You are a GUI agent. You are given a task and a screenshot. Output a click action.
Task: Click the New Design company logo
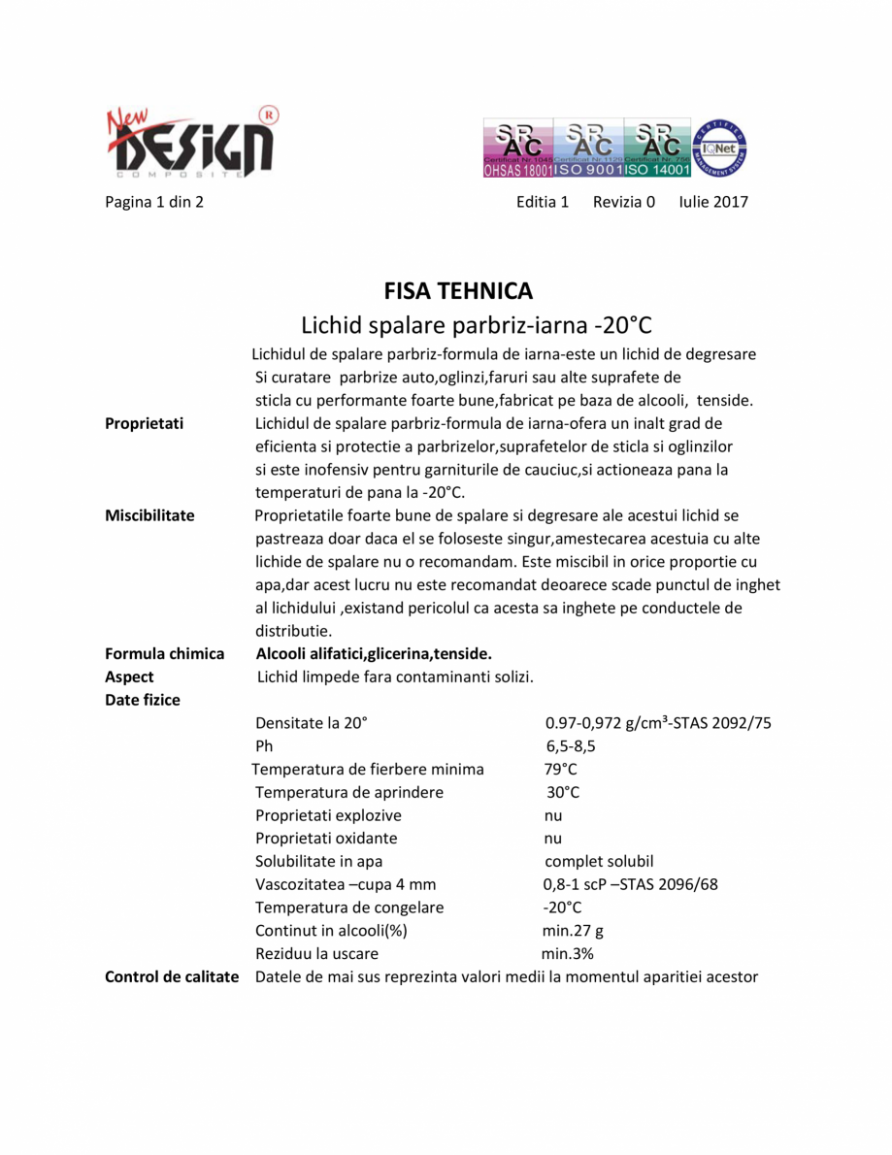coord(189,142)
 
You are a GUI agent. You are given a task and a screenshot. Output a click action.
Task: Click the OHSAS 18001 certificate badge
coord(517,148)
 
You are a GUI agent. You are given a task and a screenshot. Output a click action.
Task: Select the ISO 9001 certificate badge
coord(587,148)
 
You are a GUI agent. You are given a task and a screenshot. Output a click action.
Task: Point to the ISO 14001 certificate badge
coord(657,148)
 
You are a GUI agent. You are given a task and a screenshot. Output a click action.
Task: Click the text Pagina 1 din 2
coord(153,203)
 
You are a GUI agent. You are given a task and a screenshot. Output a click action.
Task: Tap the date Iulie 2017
coord(713,203)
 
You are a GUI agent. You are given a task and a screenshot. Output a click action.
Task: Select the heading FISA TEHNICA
coord(458,291)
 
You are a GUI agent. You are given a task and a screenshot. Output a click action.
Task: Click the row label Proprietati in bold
coord(145,423)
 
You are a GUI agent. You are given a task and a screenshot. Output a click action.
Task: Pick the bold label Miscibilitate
coord(149,515)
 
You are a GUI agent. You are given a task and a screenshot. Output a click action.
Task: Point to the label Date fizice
coord(143,700)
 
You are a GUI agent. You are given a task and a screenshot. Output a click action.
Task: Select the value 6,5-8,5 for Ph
coord(571,746)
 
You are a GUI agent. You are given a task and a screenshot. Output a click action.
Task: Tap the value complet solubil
coord(599,862)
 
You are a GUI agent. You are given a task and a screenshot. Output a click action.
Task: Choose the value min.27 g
coord(573,931)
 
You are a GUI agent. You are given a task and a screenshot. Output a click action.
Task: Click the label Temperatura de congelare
coord(349,907)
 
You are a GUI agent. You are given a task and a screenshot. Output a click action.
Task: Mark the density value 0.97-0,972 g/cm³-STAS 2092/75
coord(658,723)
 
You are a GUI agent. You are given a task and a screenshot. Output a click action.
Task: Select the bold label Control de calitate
coord(172,976)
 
